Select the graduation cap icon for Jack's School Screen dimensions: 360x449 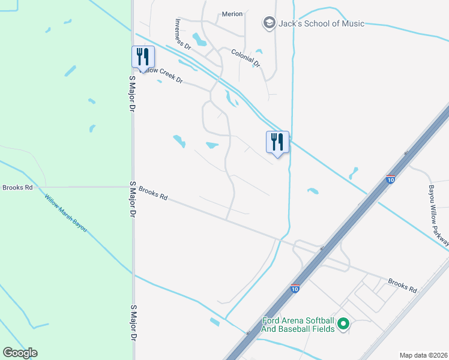[270, 23]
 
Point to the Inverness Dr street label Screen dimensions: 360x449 [182, 34]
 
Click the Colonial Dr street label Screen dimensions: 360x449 [246, 58]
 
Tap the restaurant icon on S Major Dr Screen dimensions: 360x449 [143, 57]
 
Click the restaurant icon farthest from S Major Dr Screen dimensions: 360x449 [277, 142]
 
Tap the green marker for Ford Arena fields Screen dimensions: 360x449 [343, 325]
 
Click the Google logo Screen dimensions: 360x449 [20, 353]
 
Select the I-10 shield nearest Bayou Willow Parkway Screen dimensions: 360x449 [391, 179]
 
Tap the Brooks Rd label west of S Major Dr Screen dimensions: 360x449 [17, 187]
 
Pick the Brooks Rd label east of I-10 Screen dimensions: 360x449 [402, 285]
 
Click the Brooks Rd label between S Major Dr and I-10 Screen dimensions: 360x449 [152, 193]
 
